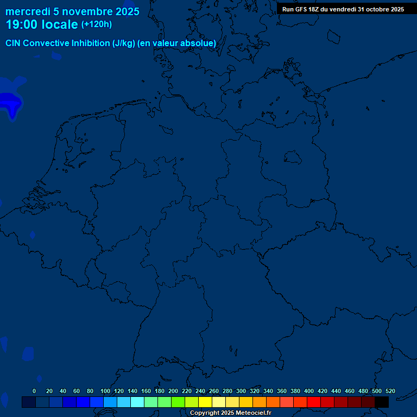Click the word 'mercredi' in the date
[28, 11]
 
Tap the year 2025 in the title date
[127, 11]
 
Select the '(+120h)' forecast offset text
[96, 24]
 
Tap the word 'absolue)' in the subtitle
[199, 43]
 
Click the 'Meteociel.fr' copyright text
[250, 413]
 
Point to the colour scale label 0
[34, 391]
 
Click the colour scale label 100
[105, 391]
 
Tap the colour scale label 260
[214, 391]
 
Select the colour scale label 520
[390, 391]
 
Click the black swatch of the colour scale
[382, 402]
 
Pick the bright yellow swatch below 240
[205, 402]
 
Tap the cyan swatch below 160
[137, 402]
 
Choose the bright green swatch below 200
[178, 402]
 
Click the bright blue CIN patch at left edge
[10, 102]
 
